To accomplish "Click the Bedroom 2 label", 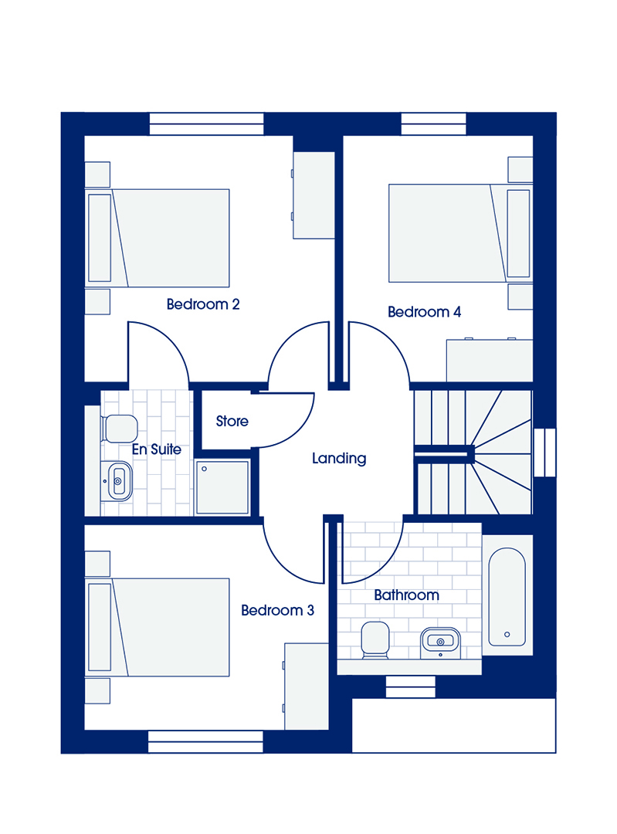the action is click(x=202, y=304).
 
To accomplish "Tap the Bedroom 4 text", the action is click(x=424, y=312).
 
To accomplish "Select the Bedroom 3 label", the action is click(x=277, y=610).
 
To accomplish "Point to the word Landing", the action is click(x=339, y=459).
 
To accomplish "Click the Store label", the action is click(x=232, y=422).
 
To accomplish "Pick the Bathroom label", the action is click(x=406, y=595).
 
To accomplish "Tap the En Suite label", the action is click(x=157, y=449).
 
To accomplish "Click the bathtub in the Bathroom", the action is click(x=507, y=597).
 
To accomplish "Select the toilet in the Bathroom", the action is click(x=375, y=640).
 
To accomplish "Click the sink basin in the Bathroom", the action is click(x=440, y=642).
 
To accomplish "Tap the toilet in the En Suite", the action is click(x=119, y=429).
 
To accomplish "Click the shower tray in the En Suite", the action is click(x=222, y=488).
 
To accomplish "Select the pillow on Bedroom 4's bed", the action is click(x=518, y=233).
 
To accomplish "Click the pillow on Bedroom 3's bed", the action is click(x=100, y=627).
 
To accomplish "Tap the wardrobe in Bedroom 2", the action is click(x=314, y=195).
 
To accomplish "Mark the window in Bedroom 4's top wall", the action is click(x=433, y=124).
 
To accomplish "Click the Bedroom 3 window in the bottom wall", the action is click(x=205, y=741).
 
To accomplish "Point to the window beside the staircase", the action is click(x=544, y=452).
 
